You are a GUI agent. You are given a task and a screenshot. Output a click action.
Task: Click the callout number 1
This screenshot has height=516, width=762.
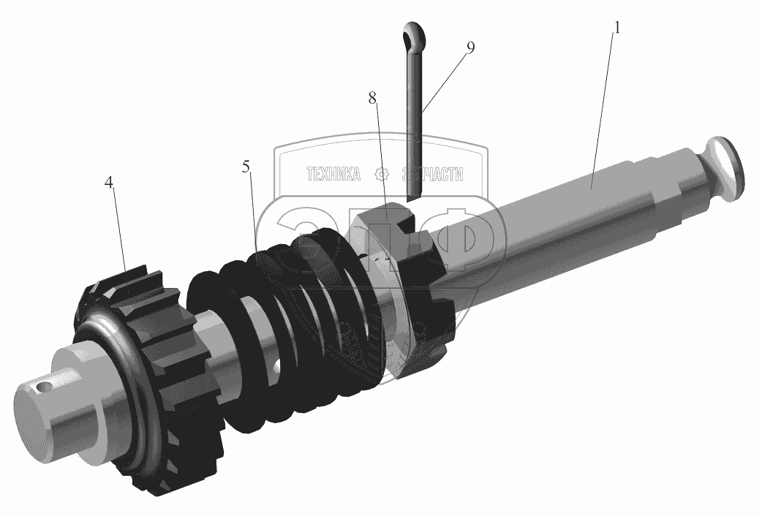616,28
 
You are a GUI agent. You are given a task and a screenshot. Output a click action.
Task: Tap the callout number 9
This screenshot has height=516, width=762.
469,47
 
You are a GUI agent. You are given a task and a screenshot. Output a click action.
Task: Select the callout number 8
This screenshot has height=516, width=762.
372,98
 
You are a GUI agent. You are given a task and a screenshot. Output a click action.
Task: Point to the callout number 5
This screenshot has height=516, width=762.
246,167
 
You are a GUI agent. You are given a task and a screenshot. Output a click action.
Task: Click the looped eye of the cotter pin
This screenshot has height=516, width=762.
414,32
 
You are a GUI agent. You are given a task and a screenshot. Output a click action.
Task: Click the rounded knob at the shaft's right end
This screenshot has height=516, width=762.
725,169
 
